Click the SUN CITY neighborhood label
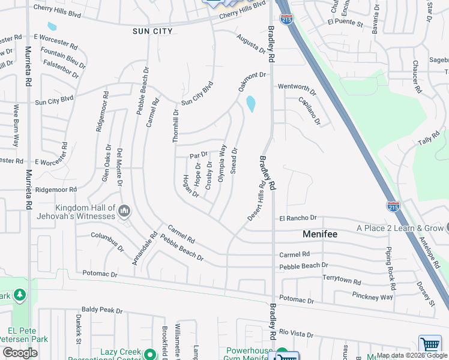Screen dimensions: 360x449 coord(152,31)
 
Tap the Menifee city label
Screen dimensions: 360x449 coord(320,234)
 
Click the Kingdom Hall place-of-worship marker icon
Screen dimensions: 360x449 coord(124,211)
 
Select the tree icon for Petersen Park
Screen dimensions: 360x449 coord(20,295)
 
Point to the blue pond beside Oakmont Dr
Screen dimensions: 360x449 coord(250,104)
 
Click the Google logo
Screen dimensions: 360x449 coord(20,352)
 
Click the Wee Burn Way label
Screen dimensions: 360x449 coord(17,125)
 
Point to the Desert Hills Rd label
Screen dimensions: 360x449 coord(256,200)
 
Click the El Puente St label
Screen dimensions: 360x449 coord(345,24)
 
